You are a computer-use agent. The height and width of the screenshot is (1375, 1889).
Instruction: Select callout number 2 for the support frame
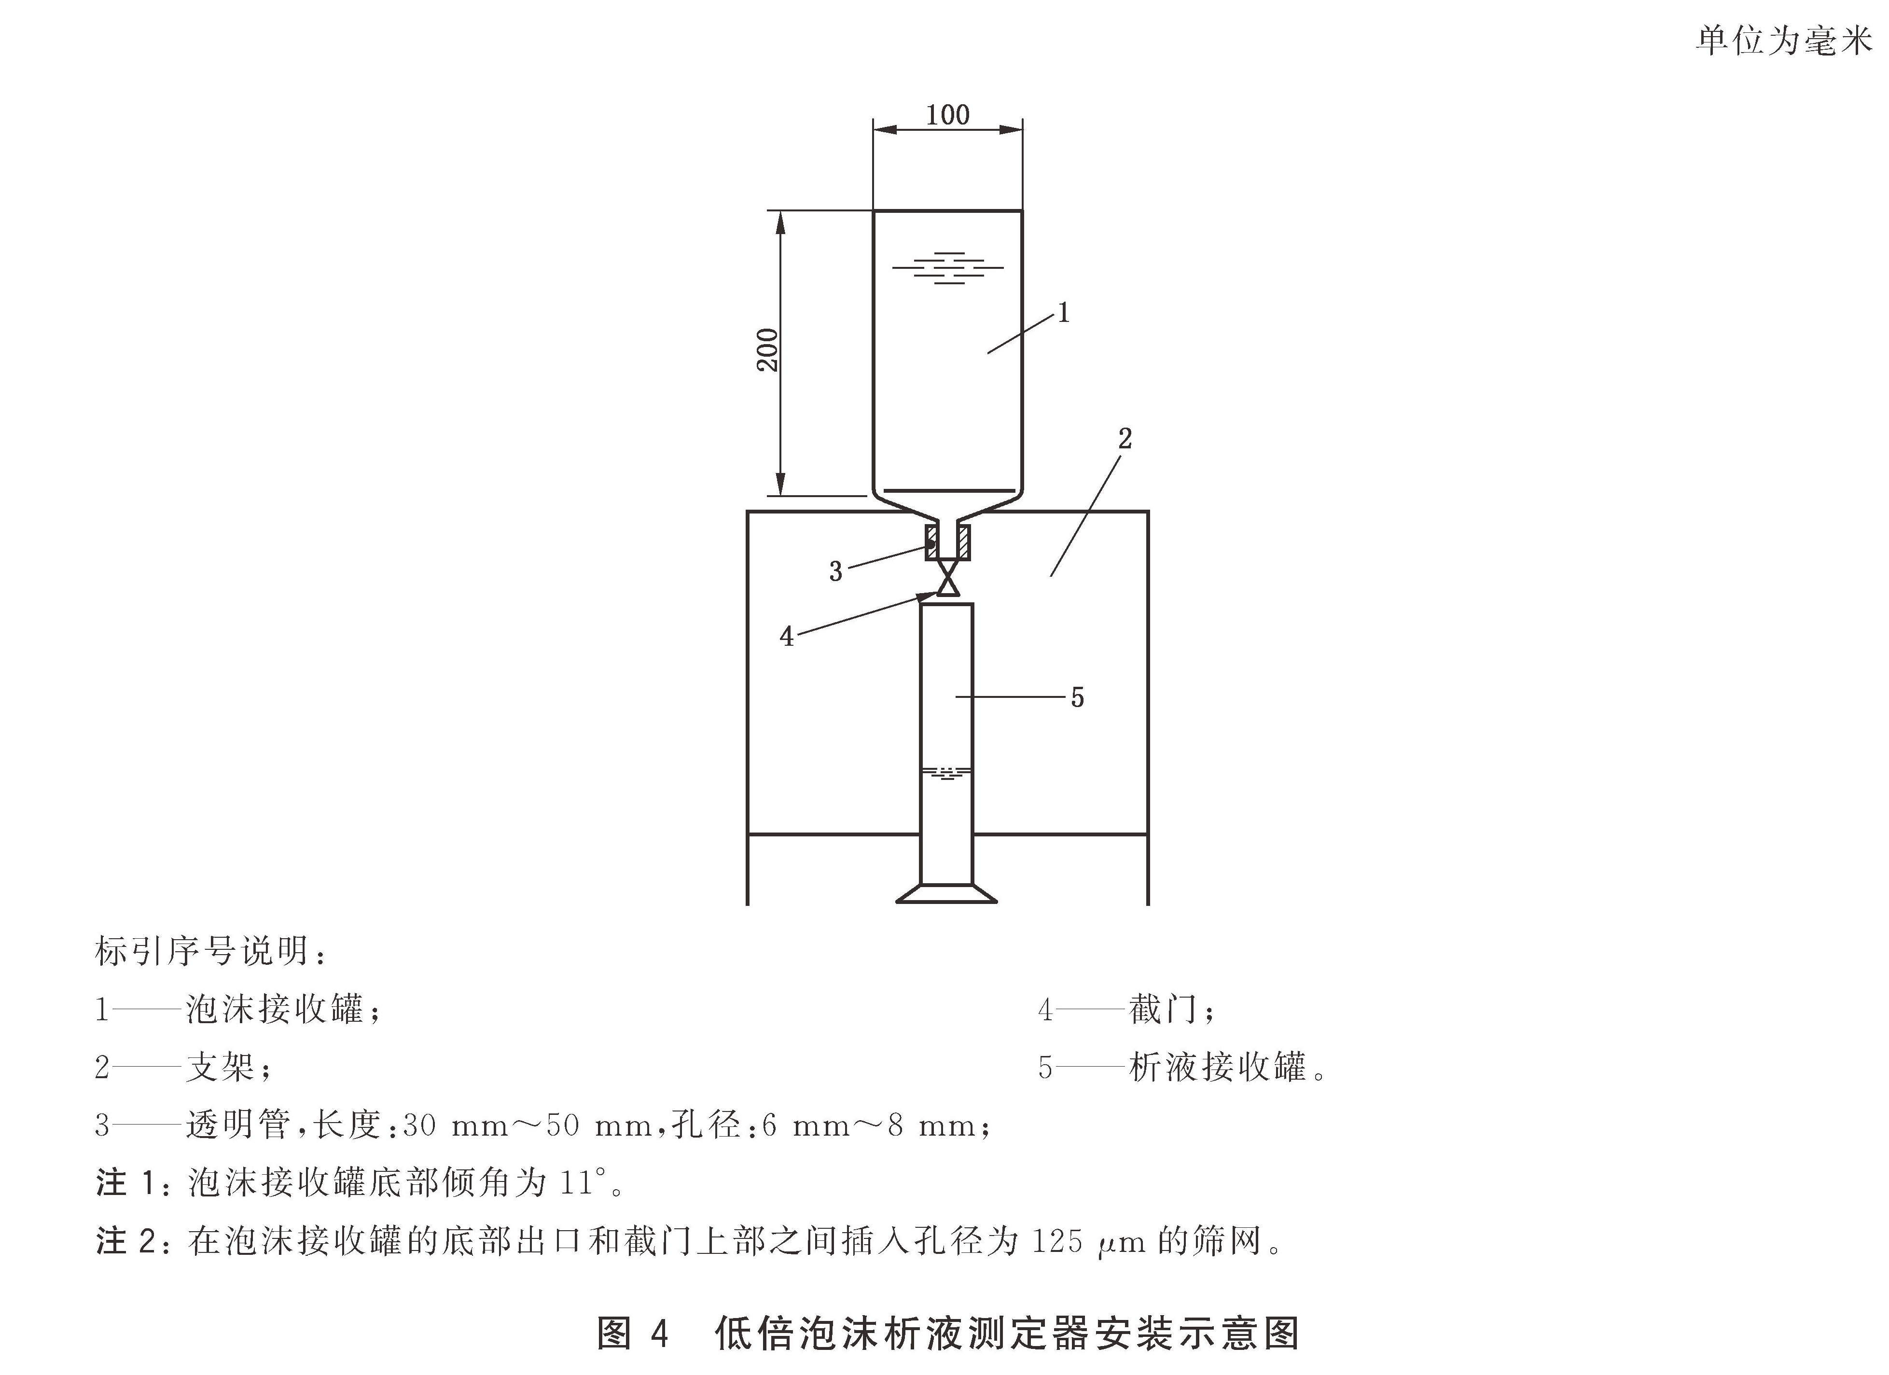1125,439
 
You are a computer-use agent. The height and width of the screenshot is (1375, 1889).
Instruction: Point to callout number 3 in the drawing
835,571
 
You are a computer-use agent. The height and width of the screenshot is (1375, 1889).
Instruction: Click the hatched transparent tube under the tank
948,542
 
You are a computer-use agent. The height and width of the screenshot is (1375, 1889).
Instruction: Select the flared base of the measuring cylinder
947,894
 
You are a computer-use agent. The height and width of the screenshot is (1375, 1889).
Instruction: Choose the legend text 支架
220,1067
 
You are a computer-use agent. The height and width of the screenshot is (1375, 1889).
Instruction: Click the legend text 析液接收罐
1218,1067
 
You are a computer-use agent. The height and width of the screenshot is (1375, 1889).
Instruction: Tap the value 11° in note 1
581,1183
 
